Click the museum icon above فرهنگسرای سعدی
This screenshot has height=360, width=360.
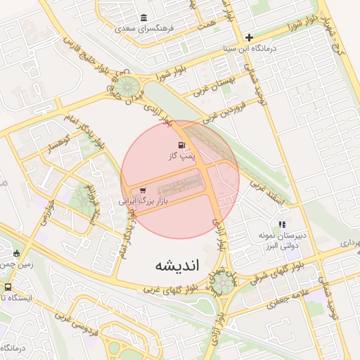click(x=144, y=18)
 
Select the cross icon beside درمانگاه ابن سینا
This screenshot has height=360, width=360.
click(x=249, y=37)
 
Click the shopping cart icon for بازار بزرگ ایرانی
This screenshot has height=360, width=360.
click(x=143, y=190)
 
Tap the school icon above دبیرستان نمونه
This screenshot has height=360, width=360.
click(x=283, y=224)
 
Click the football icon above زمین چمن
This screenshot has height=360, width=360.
click(x=17, y=253)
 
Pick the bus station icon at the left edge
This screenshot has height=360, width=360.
click(x=8, y=287)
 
